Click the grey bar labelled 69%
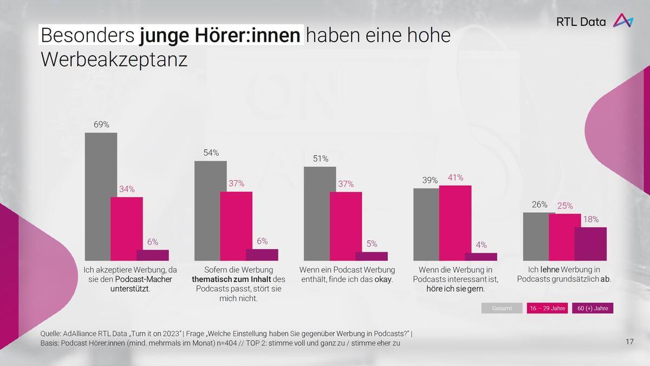pos(101,197)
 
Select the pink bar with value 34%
pos(127,228)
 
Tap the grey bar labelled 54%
pos(211,211)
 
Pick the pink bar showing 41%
pos(455,223)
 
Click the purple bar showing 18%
pos(590,244)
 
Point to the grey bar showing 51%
pos(320,213)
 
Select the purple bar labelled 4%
pos(481,257)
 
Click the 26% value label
pos(539,205)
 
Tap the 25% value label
pos(565,206)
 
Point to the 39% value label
pos(430,180)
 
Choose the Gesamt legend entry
pos(502,308)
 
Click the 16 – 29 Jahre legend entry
pos(547,308)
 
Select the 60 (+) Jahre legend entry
pos(593,308)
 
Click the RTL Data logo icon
pos(623,21)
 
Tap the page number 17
pos(629,342)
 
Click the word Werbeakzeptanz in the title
pos(114,60)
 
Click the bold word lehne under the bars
pos(550,270)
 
